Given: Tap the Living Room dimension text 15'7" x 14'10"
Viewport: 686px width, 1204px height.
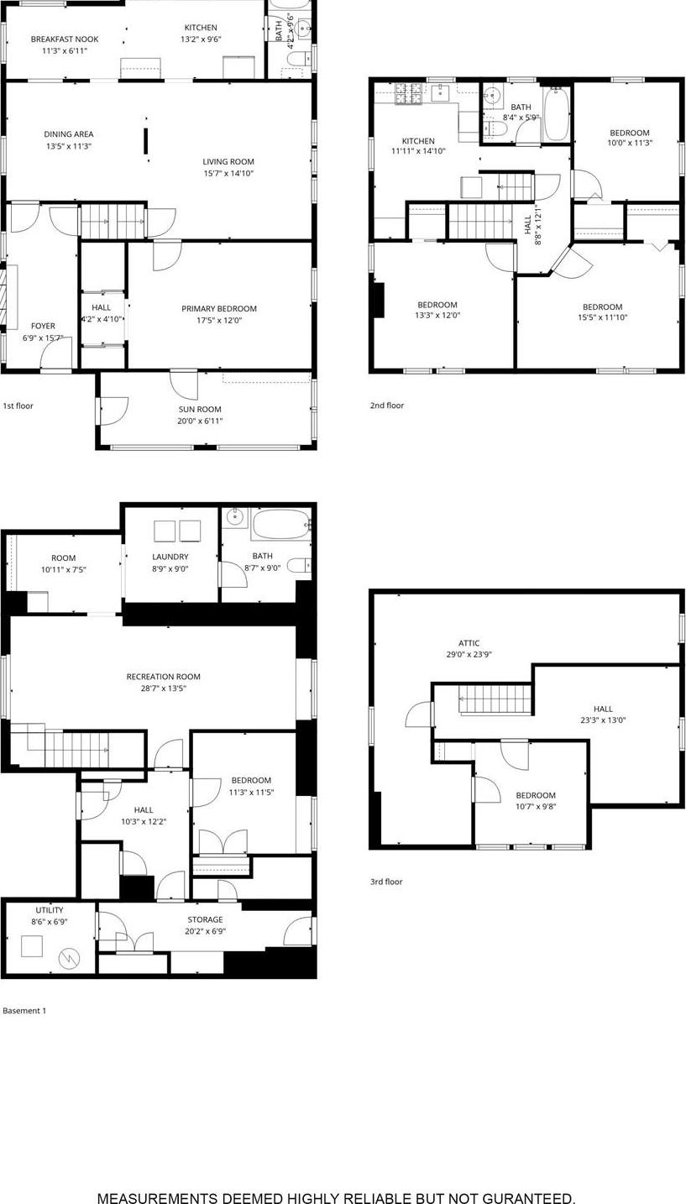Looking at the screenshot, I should coord(228,174).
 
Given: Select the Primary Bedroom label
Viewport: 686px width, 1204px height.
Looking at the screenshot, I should coord(219,309).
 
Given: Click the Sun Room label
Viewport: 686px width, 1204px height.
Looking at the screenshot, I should coord(199,410).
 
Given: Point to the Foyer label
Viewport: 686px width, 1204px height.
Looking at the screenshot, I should coord(43,326).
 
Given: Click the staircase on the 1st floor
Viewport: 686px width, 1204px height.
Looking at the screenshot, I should coord(113,222).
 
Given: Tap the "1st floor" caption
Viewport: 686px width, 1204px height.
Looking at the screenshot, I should coord(18,406).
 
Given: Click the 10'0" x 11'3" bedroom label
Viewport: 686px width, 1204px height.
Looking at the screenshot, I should coord(629,133).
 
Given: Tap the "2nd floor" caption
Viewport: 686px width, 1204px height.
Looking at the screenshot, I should coord(387,406).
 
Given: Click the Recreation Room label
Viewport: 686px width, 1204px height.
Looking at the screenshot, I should coord(163,677).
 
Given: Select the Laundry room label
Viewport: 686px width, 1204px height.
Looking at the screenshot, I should coord(170,557).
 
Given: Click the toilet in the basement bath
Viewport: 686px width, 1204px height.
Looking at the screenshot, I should coord(299,565).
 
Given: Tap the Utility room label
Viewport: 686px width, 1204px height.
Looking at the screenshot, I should coord(49,910).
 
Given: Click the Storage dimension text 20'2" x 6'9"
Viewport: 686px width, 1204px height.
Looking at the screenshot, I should coord(205,931).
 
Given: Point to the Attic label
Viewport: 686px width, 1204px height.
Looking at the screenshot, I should coord(469,643).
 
